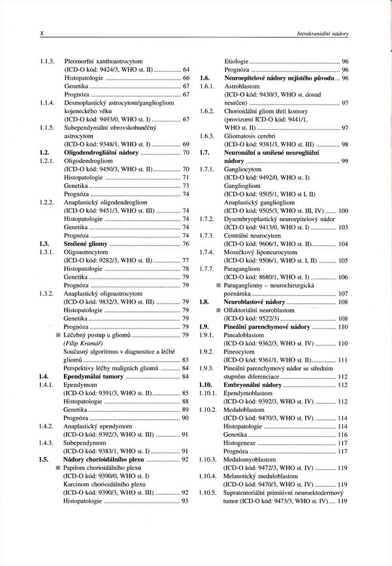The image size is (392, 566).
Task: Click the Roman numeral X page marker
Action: (x=42, y=32)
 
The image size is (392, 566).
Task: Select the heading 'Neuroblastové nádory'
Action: (x=254, y=302)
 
